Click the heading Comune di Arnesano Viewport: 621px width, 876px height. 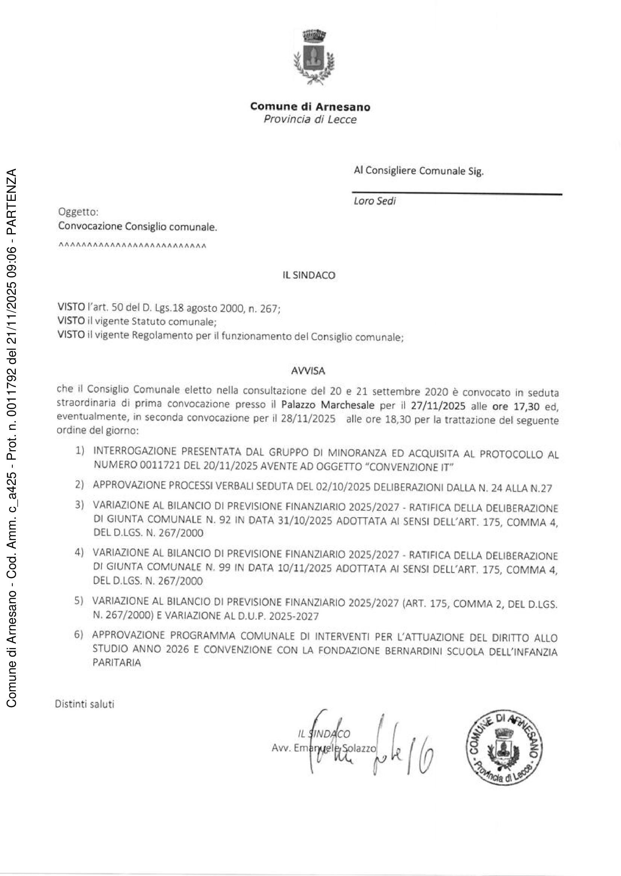pos(310,106)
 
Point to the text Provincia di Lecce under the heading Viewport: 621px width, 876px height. pos(310,119)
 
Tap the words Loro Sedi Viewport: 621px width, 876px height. pos(374,201)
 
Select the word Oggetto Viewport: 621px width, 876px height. pos(78,211)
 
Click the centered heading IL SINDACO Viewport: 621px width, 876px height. pos(309,275)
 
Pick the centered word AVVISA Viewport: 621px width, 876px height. pos(308,370)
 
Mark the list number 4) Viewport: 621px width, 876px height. pos(80,553)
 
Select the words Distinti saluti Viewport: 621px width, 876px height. pos(85,704)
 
